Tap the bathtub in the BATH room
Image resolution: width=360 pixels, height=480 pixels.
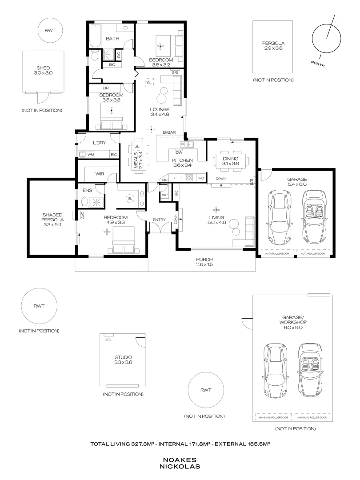(95, 36)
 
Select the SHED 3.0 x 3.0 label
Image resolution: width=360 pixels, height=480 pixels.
(43, 70)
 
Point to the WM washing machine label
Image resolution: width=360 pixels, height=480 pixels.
(91, 155)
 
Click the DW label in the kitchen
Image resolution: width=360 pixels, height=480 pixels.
(179, 152)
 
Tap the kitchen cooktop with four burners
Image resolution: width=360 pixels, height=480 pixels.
(189, 177)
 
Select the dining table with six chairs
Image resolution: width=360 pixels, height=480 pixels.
(231, 161)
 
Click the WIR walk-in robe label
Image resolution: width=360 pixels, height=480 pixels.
(100, 174)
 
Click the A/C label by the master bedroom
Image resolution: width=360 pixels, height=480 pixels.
(83, 216)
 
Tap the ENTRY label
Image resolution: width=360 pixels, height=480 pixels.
(159, 220)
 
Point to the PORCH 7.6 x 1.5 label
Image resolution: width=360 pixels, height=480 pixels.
(204, 262)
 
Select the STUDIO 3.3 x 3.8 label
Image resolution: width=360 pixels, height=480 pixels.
(123, 360)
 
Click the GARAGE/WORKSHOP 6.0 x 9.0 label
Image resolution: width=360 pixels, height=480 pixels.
(292, 322)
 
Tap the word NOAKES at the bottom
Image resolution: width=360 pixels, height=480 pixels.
(180, 460)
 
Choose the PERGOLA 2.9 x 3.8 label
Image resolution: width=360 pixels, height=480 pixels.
(273, 46)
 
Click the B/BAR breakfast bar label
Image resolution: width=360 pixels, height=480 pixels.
(169, 132)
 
